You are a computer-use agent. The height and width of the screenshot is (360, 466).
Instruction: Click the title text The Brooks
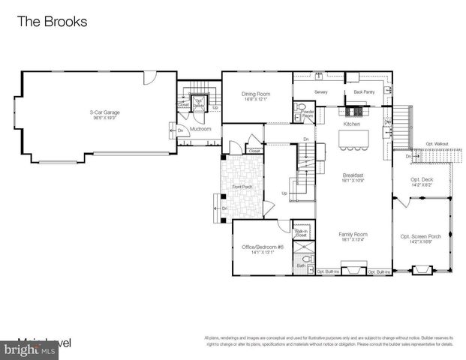[x=52, y=22]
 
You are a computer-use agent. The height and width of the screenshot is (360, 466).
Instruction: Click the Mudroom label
[x=200, y=129]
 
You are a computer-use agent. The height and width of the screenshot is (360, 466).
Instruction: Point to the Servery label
[x=321, y=92]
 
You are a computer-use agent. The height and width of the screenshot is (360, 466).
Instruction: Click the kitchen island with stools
[x=351, y=139]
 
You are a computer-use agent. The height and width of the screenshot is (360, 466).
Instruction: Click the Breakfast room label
[x=352, y=175]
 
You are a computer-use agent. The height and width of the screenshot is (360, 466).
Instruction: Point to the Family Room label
[x=352, y=236]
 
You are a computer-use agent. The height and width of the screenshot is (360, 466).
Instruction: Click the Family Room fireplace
[x=354, y=269]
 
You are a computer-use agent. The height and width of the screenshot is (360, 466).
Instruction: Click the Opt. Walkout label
[x=437, y=144]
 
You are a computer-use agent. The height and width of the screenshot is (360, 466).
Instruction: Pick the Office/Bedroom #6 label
[x=260, y=248]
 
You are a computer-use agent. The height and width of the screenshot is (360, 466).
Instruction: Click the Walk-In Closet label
[x=301, y=233]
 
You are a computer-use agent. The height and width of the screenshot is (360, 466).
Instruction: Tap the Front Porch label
[x=242, y=186]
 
